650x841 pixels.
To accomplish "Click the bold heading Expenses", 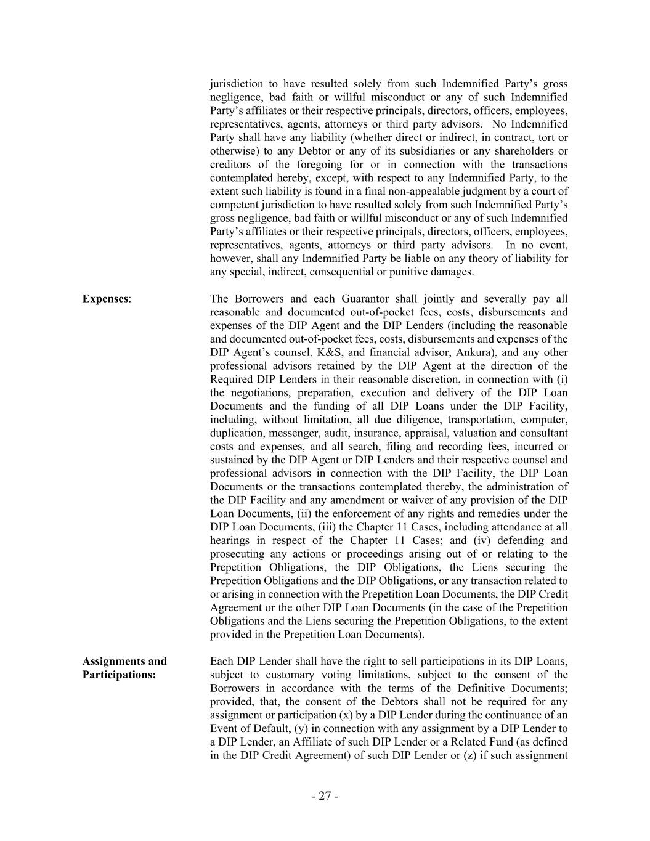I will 105,299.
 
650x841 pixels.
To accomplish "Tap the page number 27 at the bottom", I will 325,796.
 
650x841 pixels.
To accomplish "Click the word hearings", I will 230,540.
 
